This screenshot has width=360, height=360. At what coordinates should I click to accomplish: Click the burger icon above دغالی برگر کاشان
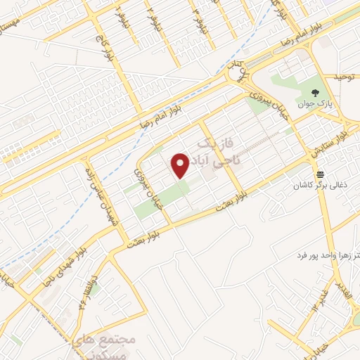coord(321,174)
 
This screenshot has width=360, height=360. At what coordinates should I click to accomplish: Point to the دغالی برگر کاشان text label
coord(321,186)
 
